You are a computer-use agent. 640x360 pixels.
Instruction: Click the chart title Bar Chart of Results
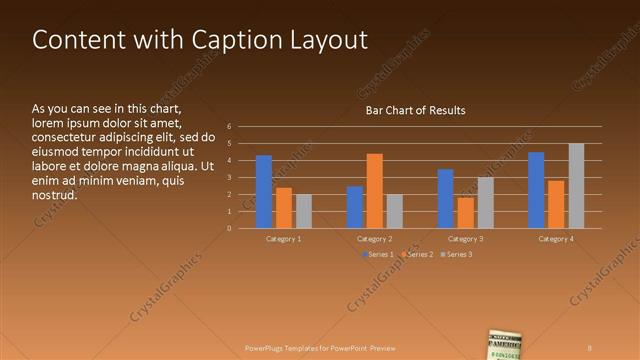point(414,110)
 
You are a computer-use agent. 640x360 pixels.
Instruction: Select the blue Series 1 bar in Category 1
point(264,191)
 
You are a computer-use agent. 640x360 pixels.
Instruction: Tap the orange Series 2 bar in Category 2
point(375,190)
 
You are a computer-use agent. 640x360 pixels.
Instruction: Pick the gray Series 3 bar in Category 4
point(576,185)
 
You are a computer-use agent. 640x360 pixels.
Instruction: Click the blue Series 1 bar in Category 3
point(446,198)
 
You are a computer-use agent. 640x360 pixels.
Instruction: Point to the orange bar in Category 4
point(556,204)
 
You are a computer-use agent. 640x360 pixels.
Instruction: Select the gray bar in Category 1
point(304,211)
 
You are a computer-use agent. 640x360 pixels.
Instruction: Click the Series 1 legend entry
point(376,255)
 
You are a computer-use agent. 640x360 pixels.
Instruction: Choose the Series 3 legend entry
point(455,255)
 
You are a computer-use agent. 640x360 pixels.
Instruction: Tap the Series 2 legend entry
point(416,255)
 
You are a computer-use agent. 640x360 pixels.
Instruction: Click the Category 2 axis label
point(375,239)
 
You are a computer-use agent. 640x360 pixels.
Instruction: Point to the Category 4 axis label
point(556,239)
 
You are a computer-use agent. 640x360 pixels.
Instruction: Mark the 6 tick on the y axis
point(229,127)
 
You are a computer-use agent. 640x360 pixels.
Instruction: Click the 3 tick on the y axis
point(229,178)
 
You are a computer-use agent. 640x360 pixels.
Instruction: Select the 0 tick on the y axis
point(229,228)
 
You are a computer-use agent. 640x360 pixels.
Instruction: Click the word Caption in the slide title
point(232,40)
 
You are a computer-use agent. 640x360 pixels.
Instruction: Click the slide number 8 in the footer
point(590,348)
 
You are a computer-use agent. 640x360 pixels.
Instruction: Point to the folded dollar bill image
point(507,344)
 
